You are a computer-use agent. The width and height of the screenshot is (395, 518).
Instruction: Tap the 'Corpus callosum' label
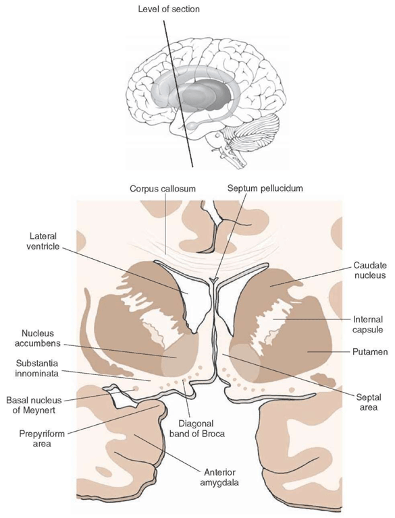coord(163,189)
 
